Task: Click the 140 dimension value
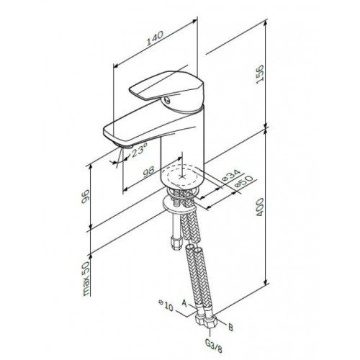pyautogui.click(x=155, y=38)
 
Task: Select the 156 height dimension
pyautogui.click(x=260, y=75)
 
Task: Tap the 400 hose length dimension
pyautogui.click(x=260, y=207)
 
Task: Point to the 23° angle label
pyautogui.click(x=139, y=150)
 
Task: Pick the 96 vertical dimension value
pyautogui.click(x=85, y=197)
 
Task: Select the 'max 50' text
pyautogui.click(x=86, y=279)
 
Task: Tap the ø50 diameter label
pyautogui.click(x=243, y=181)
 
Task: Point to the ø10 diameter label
pyautogui.click(x=166, y=305)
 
